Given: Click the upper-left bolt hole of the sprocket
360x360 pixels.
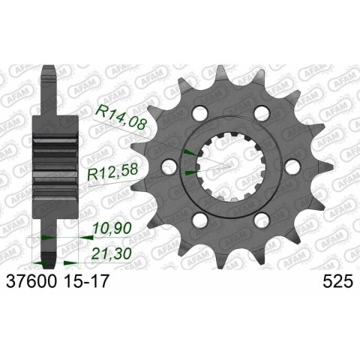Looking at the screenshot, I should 198,113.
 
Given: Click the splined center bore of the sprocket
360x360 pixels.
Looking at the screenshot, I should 228,166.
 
